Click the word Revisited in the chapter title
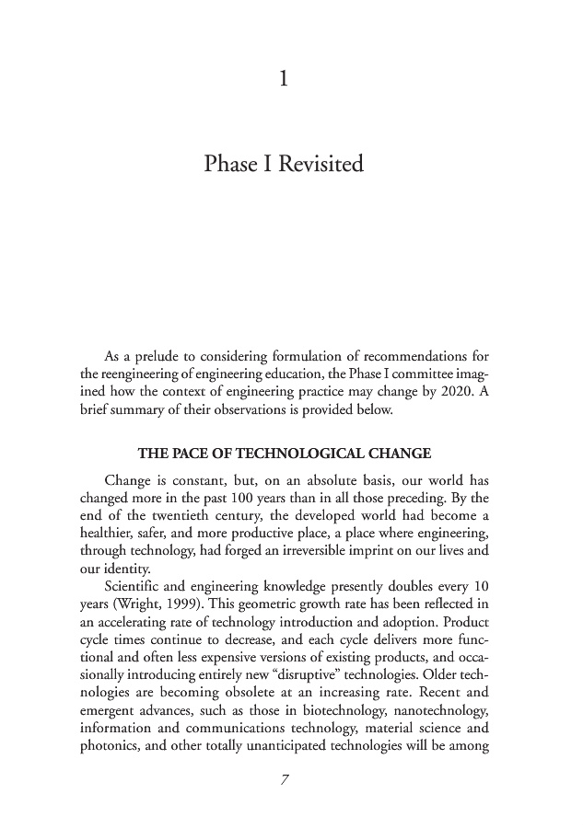pos(320,166)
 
